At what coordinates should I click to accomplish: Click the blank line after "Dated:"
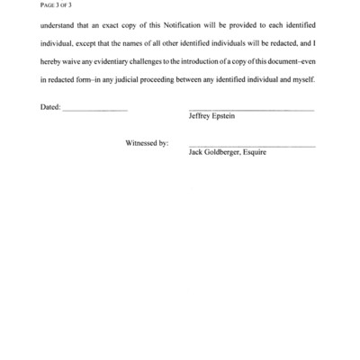[95, 110]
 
